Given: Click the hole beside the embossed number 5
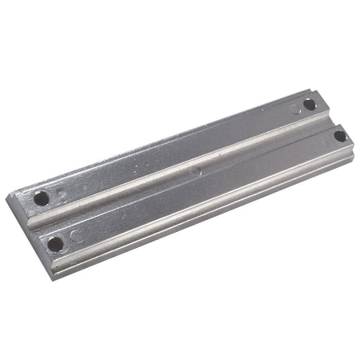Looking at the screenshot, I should [41, 198].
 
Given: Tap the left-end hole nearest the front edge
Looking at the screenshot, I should [54, 242].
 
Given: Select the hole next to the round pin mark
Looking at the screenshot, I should [310, 104].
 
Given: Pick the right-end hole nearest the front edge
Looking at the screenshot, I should [340, 135].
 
